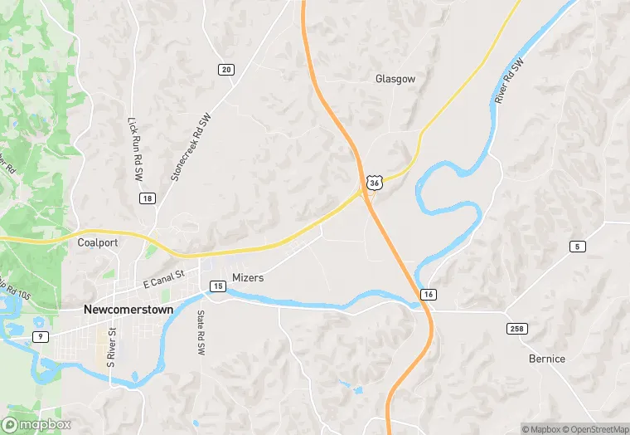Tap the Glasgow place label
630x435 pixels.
pos(395,79)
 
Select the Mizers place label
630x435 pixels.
pos(248,277)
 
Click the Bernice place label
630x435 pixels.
pos(547,359)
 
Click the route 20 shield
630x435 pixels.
pos(225,70)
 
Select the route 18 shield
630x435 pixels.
pos(147,198)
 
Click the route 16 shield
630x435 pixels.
pos(428,295)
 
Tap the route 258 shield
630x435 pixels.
pos(517,330)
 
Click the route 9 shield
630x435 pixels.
pos(38,336)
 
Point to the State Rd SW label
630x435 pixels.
pos(201,333)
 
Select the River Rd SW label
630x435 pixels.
pos(511,81)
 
